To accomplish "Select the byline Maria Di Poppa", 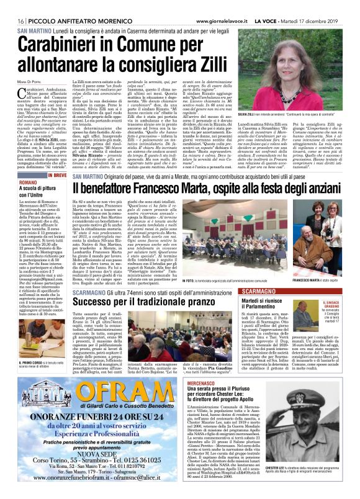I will (29, 76).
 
